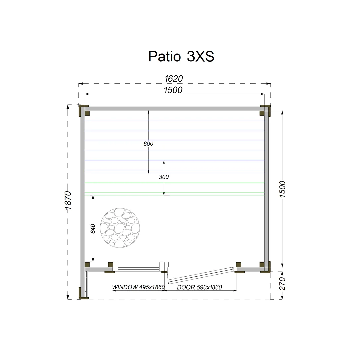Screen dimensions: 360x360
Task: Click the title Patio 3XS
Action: coord(181,56)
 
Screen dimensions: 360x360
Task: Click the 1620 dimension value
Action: coord(174,79)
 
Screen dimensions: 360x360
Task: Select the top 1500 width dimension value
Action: coord(173,90)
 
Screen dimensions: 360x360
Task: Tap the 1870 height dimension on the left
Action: coord(68,200)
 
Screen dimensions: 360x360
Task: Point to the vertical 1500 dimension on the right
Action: coord(282,189)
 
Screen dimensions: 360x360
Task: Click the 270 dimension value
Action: coord(282,284)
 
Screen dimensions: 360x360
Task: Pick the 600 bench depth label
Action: coord(148,144)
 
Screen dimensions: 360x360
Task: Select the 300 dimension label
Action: coord(164,177)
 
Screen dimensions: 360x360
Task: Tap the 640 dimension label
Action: coord(93,229)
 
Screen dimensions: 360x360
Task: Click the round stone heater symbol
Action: coord(120,228)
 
